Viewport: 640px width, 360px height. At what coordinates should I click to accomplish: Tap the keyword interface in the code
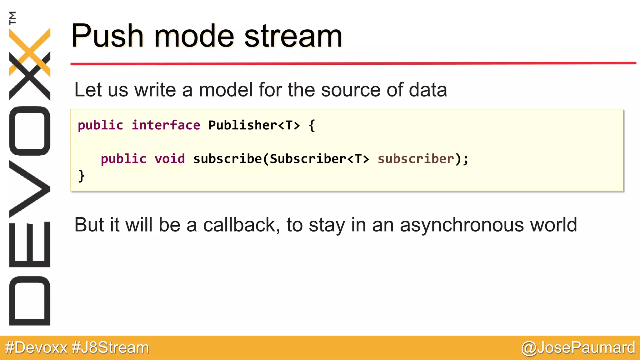click(166, 125)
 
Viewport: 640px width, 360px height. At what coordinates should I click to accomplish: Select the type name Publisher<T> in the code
click(254, 125)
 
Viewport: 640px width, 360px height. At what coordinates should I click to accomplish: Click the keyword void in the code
click(169, 159)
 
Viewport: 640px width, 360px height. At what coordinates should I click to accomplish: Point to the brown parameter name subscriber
click(416, 159)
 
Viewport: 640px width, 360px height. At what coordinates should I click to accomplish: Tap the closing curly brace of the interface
click(81, 176)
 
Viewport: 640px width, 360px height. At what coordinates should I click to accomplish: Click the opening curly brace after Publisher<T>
click(312, 125)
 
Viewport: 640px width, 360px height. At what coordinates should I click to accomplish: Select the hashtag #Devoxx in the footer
click(36, 348)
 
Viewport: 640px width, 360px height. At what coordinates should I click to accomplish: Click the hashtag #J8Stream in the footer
click(110, 348)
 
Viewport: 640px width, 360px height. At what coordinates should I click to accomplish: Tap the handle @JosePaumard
click(578, 348)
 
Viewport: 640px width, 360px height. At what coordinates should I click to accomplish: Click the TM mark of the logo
click(12, 18)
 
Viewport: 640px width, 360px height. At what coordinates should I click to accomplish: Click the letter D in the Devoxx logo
click(30, 301)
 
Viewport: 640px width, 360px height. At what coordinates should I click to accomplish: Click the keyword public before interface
click(100, 125)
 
